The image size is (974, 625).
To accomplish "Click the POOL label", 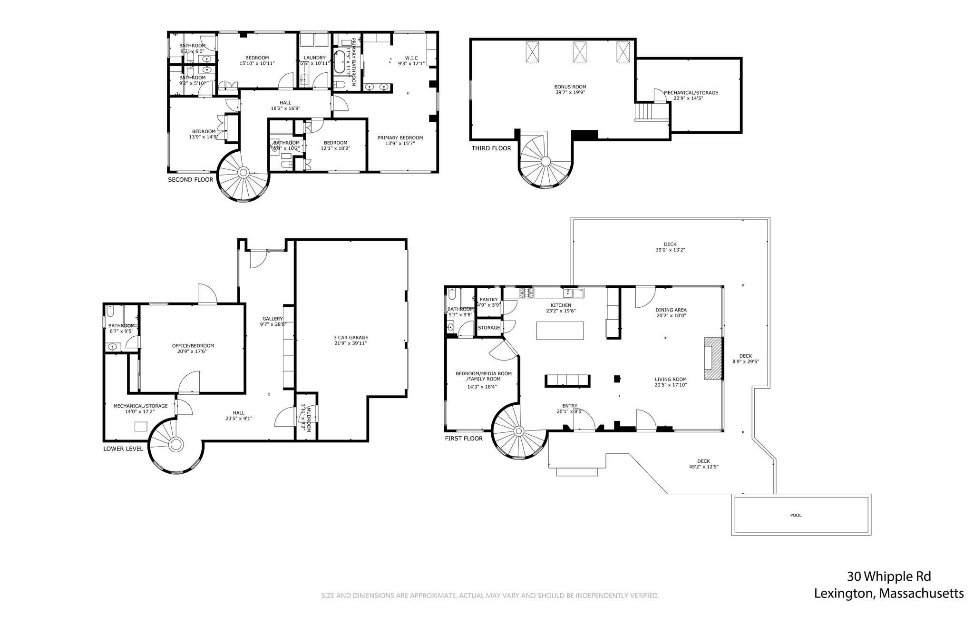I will [x=796, y=515].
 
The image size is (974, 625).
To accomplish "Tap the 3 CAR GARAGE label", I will [x=351, y=337].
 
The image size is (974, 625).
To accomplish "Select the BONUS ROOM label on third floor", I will [x=570, y=87].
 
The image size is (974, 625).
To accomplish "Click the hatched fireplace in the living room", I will [x=712, y=359].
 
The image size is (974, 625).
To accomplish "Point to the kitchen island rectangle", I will [x=560, y=331].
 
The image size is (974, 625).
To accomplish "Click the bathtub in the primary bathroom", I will [x=339, y=62].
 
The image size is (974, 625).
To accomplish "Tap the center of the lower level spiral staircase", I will [x=176, y=445].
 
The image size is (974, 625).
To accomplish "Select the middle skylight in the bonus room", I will [x=580, y=51].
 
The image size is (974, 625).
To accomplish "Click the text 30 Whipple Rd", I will [x=888, y=576].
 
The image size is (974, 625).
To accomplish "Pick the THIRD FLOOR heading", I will [x=491, y=148].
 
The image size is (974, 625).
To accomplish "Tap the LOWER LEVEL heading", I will [x=123, y=449].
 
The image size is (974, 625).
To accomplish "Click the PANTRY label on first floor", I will [x=488, y=300].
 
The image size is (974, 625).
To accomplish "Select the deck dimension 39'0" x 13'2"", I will [x=670, y=250].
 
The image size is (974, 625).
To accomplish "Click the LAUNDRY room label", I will [x=314, y=58].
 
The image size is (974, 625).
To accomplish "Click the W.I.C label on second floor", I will [x=411, y=58].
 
